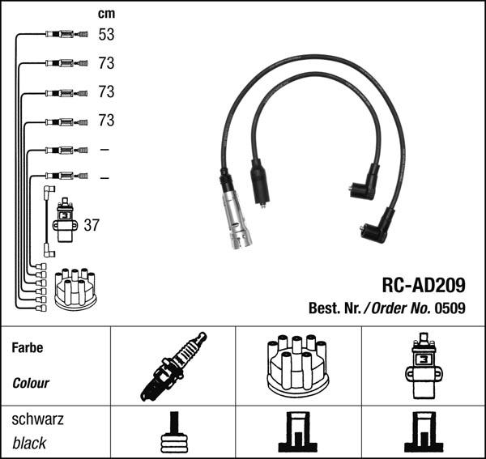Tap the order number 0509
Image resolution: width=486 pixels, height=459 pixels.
450,308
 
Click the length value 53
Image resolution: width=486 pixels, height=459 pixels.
106,35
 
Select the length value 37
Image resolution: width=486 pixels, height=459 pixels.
92,225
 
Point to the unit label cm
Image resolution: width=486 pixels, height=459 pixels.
105,14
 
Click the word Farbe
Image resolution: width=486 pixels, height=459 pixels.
28,348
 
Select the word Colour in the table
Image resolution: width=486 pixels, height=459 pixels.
31,383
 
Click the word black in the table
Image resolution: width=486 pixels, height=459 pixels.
30,444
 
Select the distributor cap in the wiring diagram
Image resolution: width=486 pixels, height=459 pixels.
75,288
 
